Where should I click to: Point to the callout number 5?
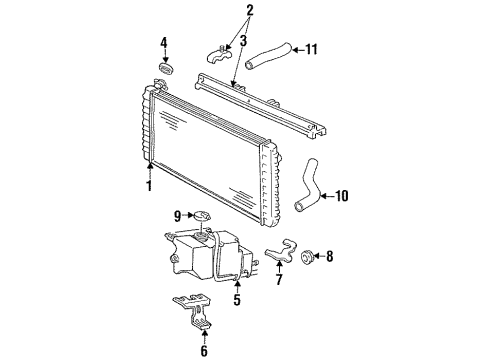click(x=238, y=298)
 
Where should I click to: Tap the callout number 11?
click(x=311, y=48)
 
